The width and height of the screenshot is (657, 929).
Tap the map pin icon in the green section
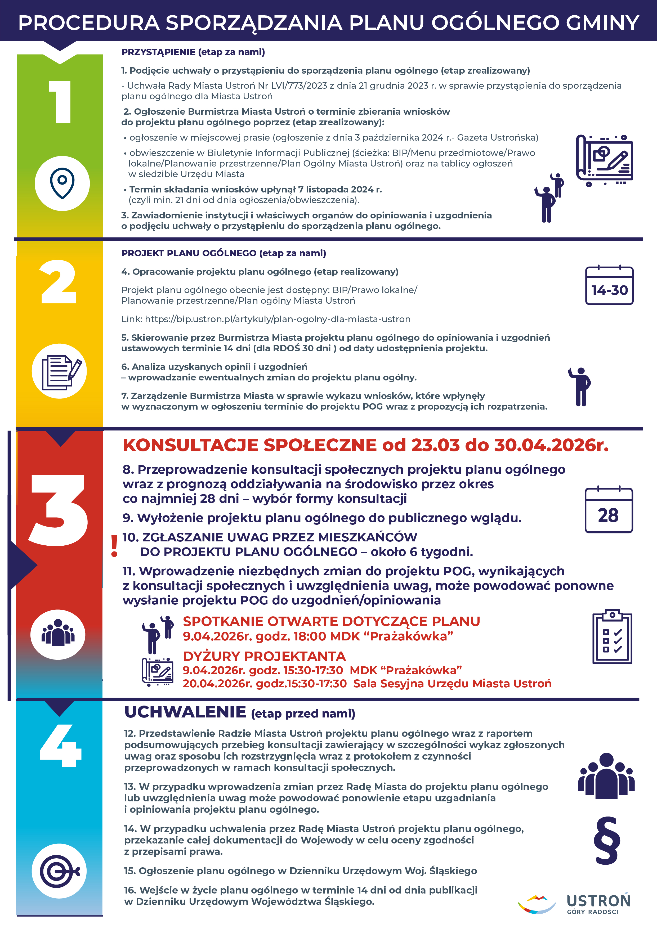(62, 183)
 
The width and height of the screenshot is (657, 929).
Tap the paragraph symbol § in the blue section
(607, 840)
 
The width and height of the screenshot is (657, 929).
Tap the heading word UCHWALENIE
(185, 712)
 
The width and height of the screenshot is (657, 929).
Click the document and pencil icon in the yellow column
(60, 371)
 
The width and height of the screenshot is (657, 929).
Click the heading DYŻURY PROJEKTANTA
(264, 656)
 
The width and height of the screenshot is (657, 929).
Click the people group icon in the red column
(58, 634)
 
